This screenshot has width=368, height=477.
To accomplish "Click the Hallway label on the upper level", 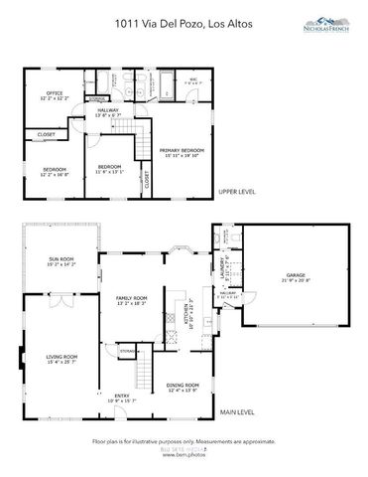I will click(107, 112).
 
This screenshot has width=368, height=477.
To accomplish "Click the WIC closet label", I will click(193, 79).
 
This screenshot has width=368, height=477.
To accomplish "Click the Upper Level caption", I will click(238, 192).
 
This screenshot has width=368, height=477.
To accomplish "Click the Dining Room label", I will click(183, 387).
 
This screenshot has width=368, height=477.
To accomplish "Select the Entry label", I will click(122, 399).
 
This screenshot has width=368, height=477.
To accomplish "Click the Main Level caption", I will click(238, 411).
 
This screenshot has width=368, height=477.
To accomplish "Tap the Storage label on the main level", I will click(127, 351).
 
